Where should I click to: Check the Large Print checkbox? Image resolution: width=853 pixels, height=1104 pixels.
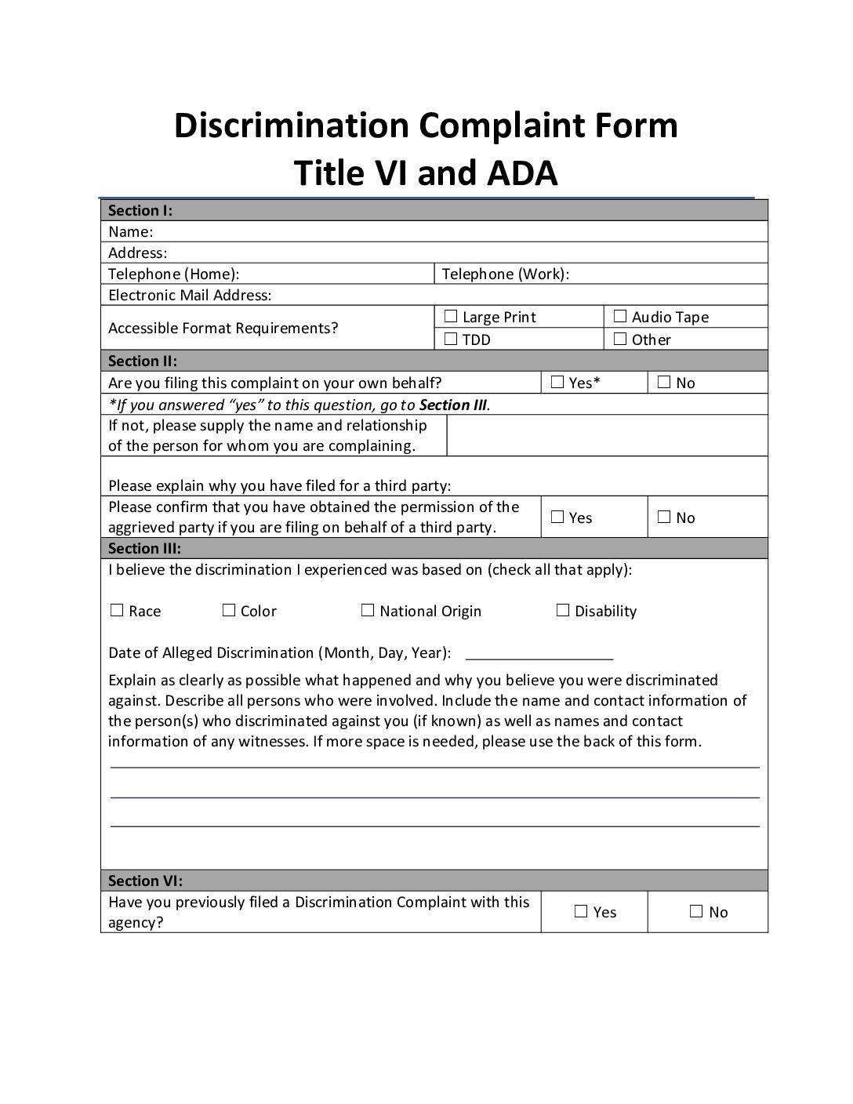pyautogui.click(x=450, y=317)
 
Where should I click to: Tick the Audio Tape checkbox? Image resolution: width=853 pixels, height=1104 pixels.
pyautogui.click(x=619, y=317)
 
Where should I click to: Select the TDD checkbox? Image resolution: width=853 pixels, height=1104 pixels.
pyautogui.click(x=450, y=340)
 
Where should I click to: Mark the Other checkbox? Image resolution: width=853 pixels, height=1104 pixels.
pyautogui.click(x=619, y=340)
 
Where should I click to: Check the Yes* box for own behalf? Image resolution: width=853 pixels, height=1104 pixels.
pyautogui.click(x=557, y=383)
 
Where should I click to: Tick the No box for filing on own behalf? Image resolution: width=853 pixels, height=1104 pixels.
pyautogui.click(x=664, y=383)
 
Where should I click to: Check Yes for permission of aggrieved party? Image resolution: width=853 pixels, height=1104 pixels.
pyautogui.click(x=557, y=517)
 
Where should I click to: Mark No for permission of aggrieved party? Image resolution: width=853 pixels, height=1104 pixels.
pyautogui.click(x=664, y=517)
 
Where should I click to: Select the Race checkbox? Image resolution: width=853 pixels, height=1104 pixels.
pyautogui.click(x=117, y=611)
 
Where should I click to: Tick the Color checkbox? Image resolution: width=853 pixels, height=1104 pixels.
pyautogui.click(x=229, y=611)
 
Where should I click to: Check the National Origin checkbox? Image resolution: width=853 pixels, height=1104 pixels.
pyautogui.click(x=368, y=611)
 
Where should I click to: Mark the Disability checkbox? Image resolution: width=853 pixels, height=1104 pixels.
pyautogui.click(x=562, y=611)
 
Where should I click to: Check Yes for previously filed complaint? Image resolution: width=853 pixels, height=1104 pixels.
pyautogui.click(x=581, y=912)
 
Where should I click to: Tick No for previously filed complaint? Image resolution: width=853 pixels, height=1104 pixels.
pyautogui.click(x=696, y=912)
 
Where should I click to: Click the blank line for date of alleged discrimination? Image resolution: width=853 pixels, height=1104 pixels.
pyautogui.click(x=539, y=654)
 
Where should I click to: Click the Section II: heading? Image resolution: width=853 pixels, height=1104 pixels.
pyautogui.click(x=143, y=361)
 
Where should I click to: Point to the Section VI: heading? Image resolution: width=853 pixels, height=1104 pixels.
pyautogui.click(x=145, y=881)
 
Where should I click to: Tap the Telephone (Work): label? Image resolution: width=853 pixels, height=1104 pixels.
pyautogui.click(x=506, y=274)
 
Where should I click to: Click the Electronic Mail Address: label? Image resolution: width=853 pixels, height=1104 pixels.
pyautogui.click(x=190, y=296)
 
